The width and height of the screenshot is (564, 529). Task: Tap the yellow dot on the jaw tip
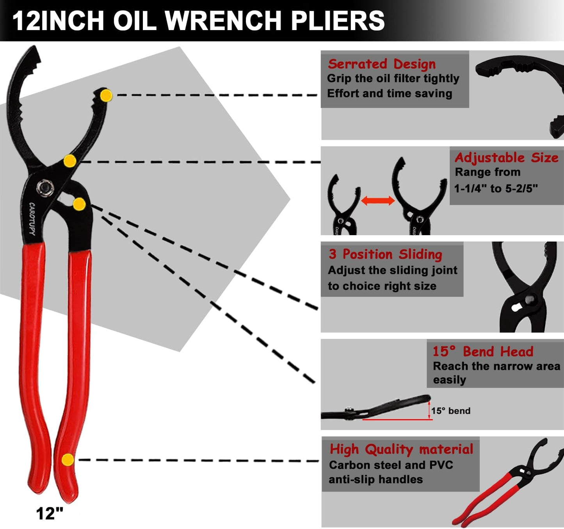coord(106,95)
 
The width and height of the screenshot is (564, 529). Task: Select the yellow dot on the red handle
coord(68,459)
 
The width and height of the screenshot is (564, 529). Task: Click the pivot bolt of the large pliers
coord(45,188)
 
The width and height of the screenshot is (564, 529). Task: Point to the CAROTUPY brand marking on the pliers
coord(32,219)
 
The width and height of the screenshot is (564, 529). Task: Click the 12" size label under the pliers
coord(49,513)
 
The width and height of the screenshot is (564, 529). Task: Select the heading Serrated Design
coord(381,64)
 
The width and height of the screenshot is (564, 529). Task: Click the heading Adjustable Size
coord(506,157)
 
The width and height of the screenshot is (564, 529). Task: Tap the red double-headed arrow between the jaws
coord(377,201)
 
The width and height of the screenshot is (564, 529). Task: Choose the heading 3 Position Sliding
coord(385,254)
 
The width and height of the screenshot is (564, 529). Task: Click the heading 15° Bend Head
coord(482,352)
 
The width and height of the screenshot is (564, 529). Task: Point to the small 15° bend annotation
coord(450,411)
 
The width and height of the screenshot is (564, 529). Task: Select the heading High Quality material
coord(401,449)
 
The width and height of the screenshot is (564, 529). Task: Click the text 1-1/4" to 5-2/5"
coord(496,189)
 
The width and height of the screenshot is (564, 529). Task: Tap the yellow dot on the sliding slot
coord(79,204)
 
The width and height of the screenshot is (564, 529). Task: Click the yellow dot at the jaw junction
coord(70,161)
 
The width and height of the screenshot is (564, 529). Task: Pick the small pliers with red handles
coord(507,483)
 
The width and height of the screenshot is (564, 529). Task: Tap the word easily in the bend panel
coord(450,380)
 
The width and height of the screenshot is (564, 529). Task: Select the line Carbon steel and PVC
coord(391,465)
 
